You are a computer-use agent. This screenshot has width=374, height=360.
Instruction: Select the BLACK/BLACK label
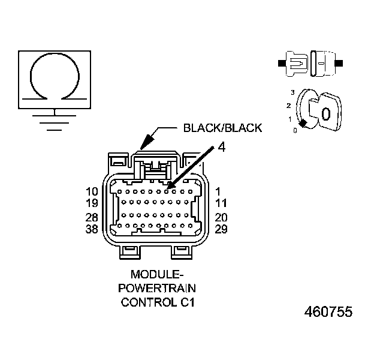coord(222,128)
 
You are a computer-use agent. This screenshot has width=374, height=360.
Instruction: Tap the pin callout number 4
coord(221,146)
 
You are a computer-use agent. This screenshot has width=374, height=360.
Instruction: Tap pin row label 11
coord(221,203)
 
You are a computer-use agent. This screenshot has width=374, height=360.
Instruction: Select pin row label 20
coord(222,217)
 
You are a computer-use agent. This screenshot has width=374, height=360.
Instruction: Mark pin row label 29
coord(222,228)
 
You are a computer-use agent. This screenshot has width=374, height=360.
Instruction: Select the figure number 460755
coord(328,313)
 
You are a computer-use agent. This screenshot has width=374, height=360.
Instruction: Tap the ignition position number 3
coord(292,92)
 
